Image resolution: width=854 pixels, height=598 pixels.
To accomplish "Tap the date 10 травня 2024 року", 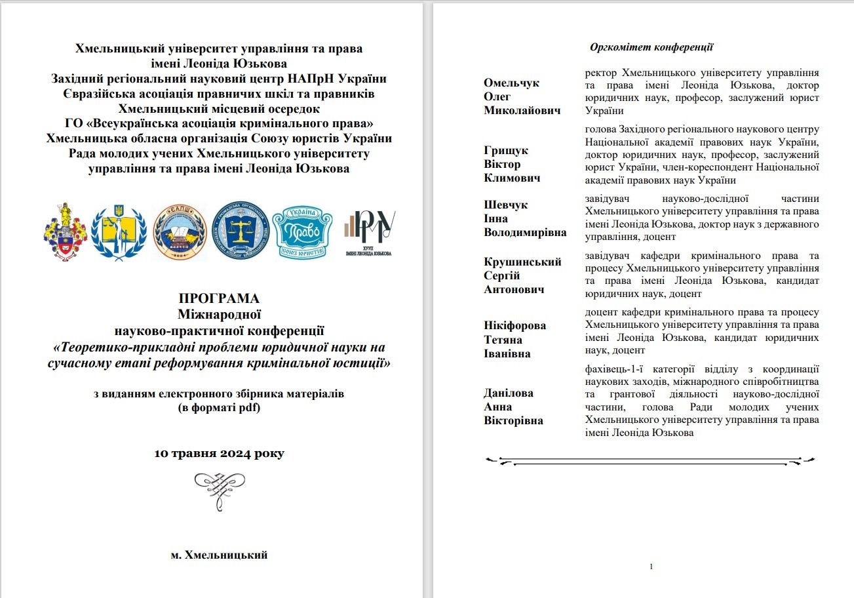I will (219, 453).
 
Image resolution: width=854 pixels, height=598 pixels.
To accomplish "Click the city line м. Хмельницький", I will (219, 555).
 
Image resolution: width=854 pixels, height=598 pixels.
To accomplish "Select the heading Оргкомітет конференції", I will (651, 47).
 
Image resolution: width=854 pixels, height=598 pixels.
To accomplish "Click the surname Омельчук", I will (511, 83).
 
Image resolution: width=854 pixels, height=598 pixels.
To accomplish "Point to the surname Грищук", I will (505, 150).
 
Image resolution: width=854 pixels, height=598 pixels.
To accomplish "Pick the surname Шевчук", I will (505, 205).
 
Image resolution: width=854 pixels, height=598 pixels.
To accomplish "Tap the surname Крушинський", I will (522, 262).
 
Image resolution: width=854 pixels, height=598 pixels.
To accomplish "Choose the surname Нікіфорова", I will (514, 325).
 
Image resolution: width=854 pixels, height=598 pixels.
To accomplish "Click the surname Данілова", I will (508, 393).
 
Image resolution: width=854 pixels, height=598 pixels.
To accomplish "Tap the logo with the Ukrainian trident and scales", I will (119, 231).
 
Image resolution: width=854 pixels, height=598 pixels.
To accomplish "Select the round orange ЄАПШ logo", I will (180, 231).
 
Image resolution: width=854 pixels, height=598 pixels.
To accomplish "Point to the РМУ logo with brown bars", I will (370, 231).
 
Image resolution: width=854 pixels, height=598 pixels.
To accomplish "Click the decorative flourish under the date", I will (220, 488).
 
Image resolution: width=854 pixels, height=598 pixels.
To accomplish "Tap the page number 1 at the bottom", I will (651, 566).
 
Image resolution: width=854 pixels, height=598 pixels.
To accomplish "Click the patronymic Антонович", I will (514, 289).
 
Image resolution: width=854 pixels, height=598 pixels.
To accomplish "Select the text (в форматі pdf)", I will (219, 407).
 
